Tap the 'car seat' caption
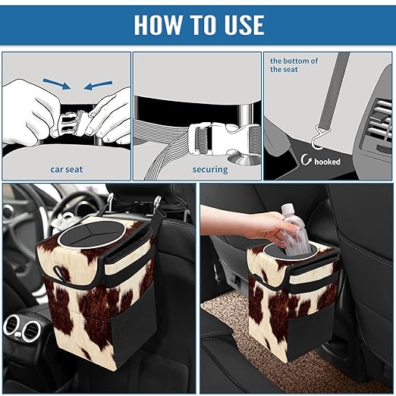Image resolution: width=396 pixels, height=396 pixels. pos(66,169)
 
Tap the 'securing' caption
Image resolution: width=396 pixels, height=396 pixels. pos(210,169)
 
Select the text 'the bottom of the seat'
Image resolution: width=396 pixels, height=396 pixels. pos(294,64)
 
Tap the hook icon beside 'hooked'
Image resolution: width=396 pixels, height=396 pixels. pos(306,160)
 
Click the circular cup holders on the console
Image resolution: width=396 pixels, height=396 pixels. pos(23,329)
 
